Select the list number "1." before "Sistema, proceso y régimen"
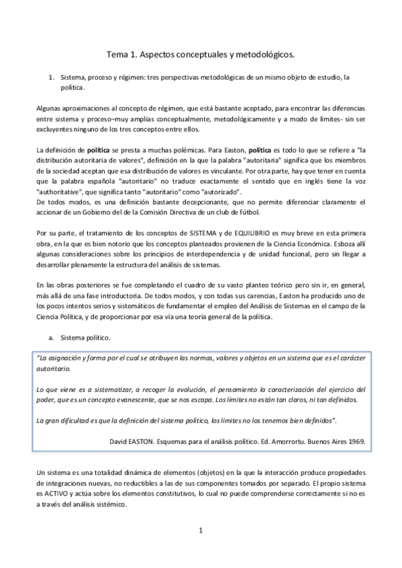[x=52, y=77]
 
